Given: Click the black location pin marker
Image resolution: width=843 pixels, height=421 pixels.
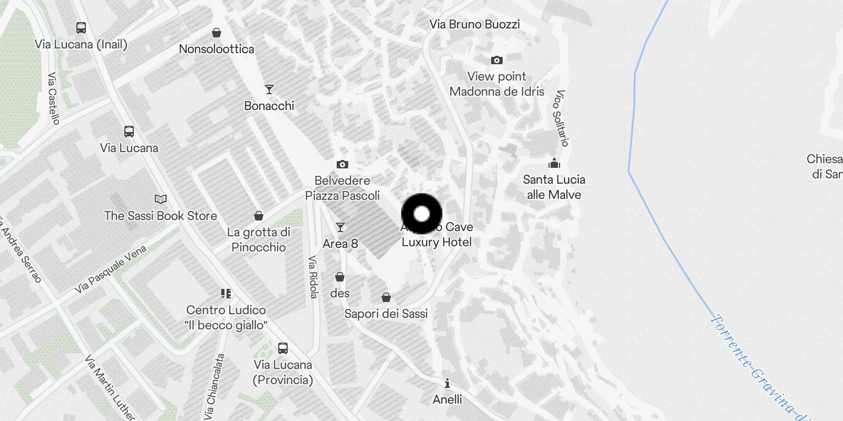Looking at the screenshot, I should (421, 214).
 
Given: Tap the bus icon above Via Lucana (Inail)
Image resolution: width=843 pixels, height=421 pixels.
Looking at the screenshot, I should (81, 28).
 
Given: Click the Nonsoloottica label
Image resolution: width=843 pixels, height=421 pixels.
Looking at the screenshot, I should (217, 49).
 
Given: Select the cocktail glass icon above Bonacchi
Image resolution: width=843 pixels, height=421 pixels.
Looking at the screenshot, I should (269, 89).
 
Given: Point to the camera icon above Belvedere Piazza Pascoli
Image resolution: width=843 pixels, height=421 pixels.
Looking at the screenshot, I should (342, 165).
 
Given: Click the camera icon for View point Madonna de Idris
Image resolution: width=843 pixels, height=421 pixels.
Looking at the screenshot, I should (496, 61).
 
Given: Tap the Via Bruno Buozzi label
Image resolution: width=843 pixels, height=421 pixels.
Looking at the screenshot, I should (475, 24).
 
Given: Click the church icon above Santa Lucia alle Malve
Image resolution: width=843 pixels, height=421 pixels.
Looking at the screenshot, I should (554, 163).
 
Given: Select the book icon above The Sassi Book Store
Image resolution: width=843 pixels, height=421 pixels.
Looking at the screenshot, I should (161, 199).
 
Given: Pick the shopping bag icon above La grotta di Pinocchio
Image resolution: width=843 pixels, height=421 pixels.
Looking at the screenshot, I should (259, 216).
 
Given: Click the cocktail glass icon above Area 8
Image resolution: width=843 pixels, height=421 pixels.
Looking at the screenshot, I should (340, 227).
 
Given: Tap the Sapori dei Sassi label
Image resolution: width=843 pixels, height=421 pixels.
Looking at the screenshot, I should (386, 314).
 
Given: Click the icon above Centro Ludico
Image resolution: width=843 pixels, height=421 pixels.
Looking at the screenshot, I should (226, 294).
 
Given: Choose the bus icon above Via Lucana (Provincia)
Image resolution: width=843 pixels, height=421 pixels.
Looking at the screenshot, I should (283, 348).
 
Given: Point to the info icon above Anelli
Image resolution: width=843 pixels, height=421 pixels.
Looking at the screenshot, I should (447, 383).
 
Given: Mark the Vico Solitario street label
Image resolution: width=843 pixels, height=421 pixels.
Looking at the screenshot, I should (561, 118).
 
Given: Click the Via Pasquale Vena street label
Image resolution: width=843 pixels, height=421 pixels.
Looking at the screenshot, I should (110, 269).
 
